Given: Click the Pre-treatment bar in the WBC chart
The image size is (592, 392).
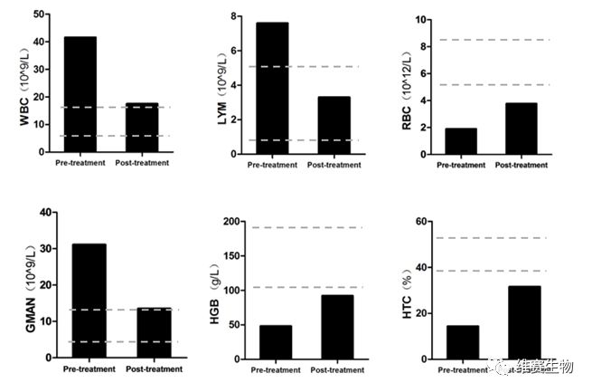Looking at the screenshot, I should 80,96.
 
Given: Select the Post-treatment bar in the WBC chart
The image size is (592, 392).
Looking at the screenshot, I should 141,129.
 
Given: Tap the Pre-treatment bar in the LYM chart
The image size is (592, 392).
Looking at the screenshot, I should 272,89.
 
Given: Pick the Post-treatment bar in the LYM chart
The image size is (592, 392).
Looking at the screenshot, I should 334,126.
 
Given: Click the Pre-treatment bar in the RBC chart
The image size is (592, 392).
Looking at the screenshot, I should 461,141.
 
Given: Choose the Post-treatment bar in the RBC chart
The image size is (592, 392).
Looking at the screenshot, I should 522,129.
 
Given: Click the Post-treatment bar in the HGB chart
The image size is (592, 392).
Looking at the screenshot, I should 337,327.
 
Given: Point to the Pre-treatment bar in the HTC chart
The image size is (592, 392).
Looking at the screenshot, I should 463,342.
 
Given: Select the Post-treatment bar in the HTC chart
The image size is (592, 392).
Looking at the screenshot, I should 524,323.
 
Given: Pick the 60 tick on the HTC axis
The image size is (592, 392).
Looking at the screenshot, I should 420,222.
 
